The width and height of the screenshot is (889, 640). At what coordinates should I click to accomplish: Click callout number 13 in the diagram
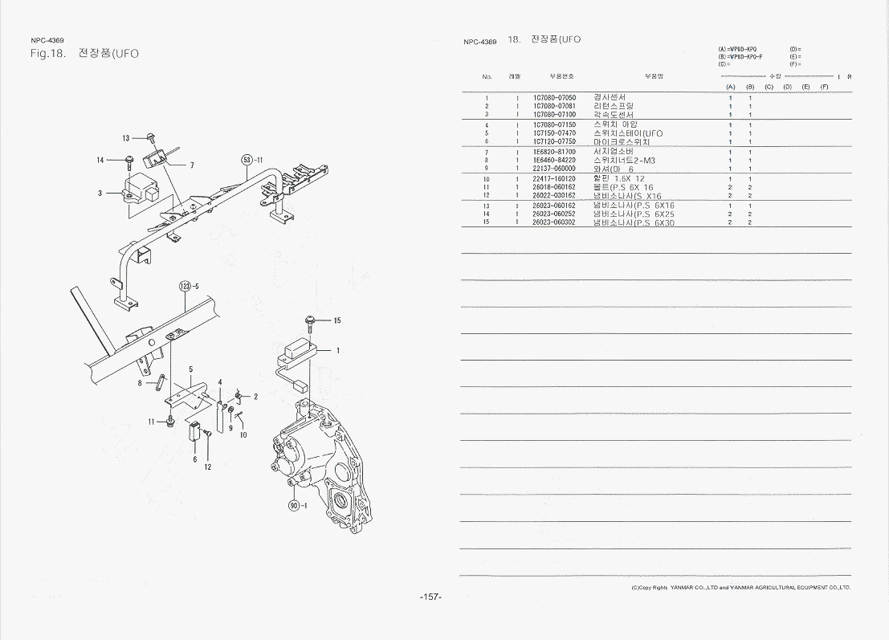(x=126, y=139)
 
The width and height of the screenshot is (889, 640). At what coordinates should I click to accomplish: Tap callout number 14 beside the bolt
(x=100, y=161)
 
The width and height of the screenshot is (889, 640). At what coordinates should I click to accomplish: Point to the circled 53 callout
(x=248, y=160)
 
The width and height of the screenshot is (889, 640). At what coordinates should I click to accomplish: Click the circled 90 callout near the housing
(x=295, y=505)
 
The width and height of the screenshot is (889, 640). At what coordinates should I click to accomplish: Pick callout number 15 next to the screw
(x=337, y=321)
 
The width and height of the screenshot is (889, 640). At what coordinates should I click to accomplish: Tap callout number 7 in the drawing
(x=192, y=166)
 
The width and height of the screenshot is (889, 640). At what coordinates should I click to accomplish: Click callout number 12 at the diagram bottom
(x=206, y=467)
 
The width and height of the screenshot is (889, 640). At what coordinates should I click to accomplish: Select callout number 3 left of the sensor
(x=100, y=194)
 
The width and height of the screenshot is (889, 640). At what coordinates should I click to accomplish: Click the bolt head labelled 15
(x=309, y=321)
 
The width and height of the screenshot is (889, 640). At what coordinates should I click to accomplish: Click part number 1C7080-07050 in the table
(x=554, y=98)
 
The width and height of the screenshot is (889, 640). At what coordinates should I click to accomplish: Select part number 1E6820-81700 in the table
(x=554, y=151)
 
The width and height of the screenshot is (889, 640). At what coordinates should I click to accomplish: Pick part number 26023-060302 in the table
(x=554, y=222)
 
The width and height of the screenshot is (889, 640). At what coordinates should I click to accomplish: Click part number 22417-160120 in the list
(x=554, y=178)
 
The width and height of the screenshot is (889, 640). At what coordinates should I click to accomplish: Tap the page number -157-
(x=430, y=597)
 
